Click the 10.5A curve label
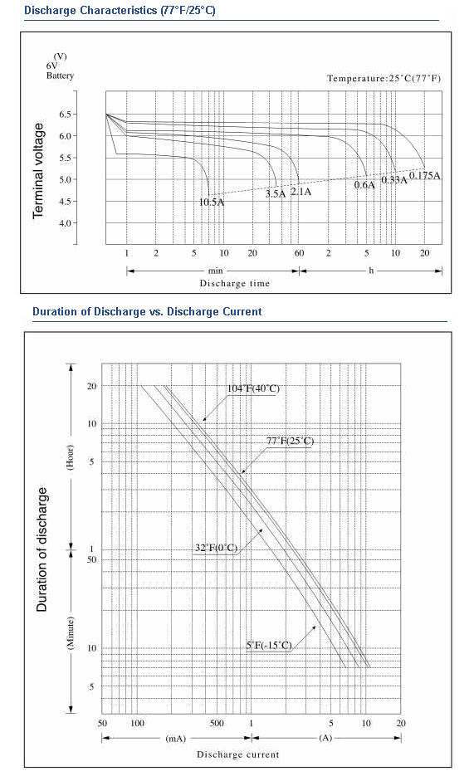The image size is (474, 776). click(212, 203)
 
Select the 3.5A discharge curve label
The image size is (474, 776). click(276, 194)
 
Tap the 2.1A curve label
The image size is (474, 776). click(301, 192)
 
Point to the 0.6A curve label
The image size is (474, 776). click(364, 185)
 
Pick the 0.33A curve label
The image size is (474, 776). click(393, 179)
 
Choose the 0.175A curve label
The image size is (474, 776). click(425, 176)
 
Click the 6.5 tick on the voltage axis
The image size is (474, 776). click(66, 115)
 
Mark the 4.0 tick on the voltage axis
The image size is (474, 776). click(66, 223)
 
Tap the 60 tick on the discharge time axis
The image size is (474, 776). click(300, 253)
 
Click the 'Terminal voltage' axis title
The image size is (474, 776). click(38, 171)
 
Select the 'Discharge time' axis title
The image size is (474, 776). click(235, 284)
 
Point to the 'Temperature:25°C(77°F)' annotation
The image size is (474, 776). click(384, 78)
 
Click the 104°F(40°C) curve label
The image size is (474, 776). click(253, 388)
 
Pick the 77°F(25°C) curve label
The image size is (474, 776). click(290, 441)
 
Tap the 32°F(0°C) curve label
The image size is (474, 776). click(216, 548)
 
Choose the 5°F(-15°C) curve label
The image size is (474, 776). click(269, 646)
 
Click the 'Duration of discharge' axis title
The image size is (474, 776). click(42, 549)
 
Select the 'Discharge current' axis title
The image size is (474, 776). click(238, 754)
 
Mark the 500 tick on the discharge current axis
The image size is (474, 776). click(217, 723)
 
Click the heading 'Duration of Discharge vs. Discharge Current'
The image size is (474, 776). click(147, 312)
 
